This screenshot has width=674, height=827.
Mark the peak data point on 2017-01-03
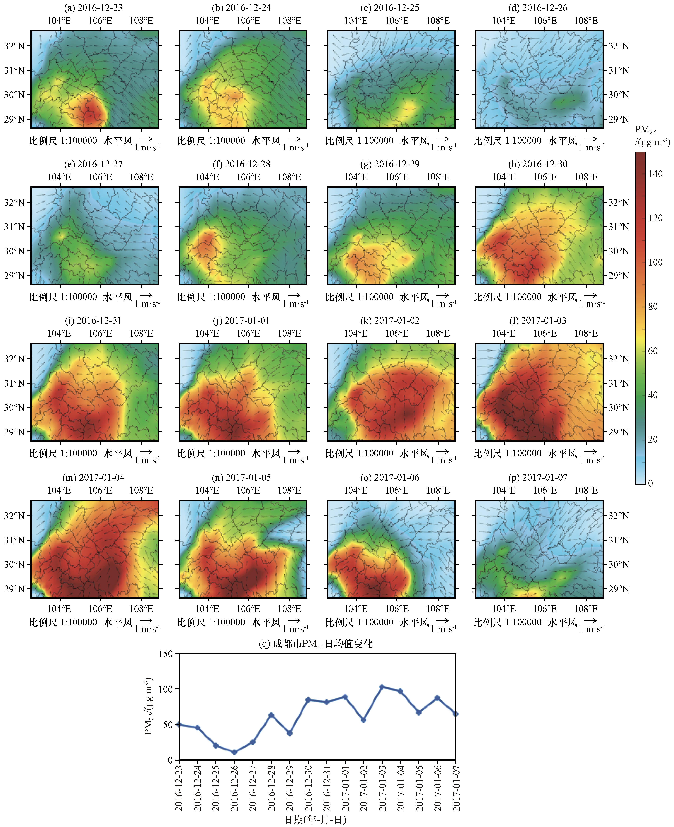pos(382,687)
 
